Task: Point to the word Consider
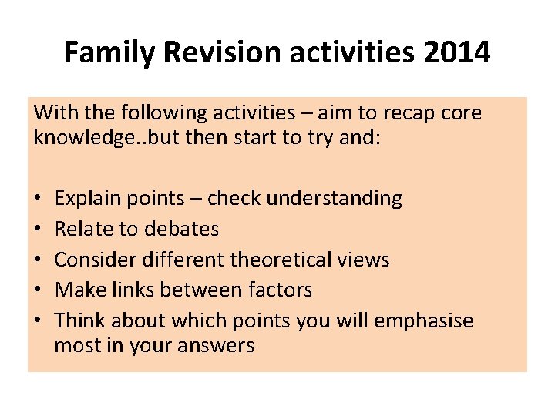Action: [89, 260]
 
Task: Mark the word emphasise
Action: [423, 320]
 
